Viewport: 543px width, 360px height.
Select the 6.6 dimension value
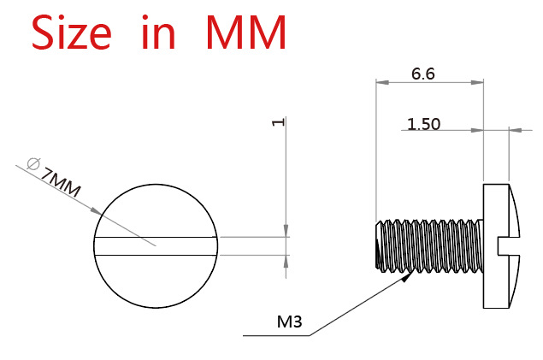click(423, 74)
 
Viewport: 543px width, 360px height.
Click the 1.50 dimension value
click(423, 124)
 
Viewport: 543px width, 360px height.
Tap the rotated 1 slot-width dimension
click(276, 122)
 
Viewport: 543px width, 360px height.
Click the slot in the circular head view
click(156, 245)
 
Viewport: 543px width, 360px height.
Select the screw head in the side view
click(498, 245)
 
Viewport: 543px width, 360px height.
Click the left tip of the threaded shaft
click(377, 245)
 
